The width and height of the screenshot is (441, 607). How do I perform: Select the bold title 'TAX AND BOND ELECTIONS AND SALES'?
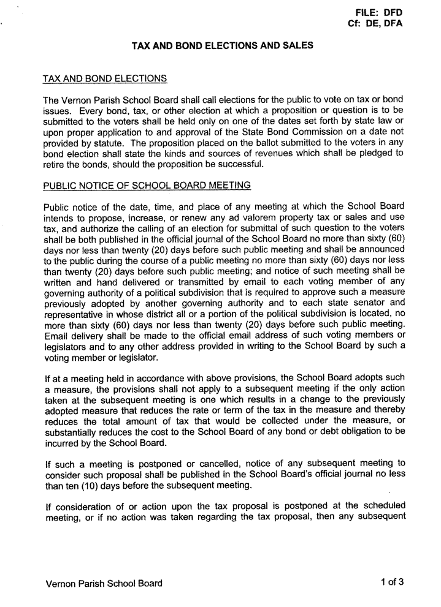(223, 45)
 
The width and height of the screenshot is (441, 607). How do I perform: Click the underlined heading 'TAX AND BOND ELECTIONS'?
(105, 79)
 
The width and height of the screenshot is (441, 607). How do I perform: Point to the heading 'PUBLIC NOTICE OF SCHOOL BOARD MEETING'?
(147, 186)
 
